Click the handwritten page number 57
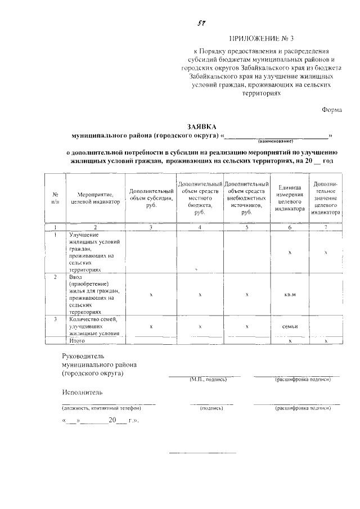click(x=200, y=24)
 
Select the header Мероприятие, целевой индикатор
click(x=95, y=198)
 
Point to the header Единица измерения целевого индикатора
click(x=290, y=197)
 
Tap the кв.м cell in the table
click(x=290, y=294)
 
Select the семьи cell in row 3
click(x=290, y=327)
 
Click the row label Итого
click(x=76, y=341)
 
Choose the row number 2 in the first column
click(x=55, y=278)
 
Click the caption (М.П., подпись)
click(x=208, y=380)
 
